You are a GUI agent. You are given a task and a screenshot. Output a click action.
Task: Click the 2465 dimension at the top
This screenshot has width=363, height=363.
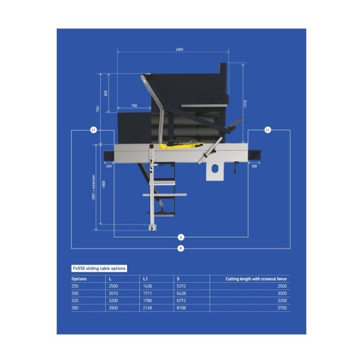point(180,49)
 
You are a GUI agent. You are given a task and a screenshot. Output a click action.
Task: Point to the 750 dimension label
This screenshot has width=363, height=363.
point(134,106)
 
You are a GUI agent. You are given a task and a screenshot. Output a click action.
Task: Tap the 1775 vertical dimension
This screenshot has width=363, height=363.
point(245,103)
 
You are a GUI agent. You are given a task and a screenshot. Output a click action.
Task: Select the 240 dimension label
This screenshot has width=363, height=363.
point(109,166)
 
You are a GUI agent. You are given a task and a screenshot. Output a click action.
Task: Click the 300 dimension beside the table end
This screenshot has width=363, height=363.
point(254,166)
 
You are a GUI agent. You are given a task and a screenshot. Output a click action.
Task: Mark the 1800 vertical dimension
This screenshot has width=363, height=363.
point(103,183)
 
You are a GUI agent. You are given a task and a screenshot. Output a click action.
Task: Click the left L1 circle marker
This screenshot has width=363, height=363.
point(93,130)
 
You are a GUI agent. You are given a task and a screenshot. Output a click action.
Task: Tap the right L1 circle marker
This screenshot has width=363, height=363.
point(268,130)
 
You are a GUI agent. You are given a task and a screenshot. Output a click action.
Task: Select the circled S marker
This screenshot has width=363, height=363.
point(181,248)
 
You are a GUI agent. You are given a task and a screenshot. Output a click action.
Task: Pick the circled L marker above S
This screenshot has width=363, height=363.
point(181,237)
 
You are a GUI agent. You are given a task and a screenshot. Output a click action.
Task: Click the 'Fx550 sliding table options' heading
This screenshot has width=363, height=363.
point(99,268)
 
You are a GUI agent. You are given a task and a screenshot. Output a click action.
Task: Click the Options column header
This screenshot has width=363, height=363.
point(79,279)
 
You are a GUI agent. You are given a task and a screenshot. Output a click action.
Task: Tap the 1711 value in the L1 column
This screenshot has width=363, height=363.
point(148,294)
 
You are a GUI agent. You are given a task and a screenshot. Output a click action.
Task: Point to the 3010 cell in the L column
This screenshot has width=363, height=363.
point(114,294)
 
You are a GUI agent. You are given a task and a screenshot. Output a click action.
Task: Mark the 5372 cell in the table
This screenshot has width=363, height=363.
point(181,286)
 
